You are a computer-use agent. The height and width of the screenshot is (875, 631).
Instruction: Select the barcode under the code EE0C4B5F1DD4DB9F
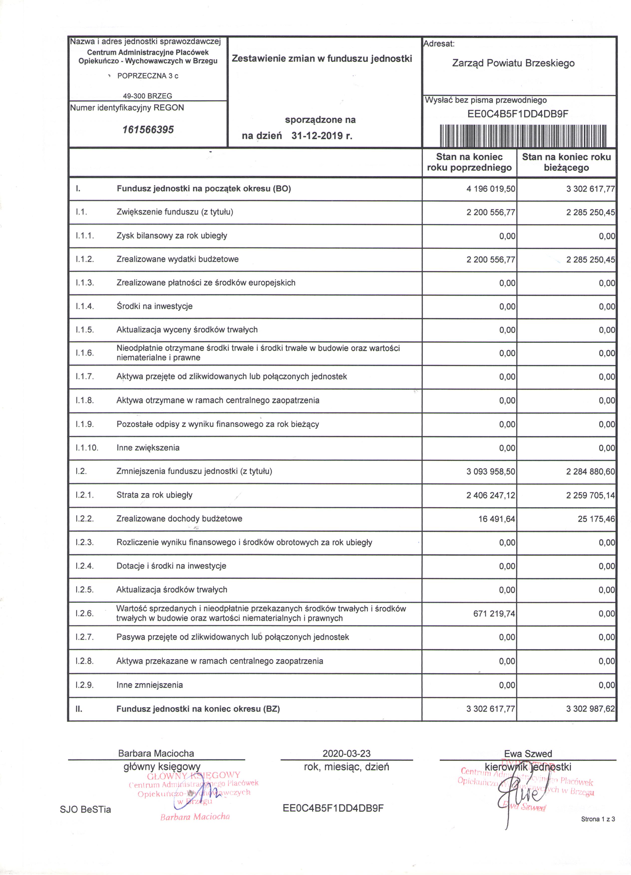523,136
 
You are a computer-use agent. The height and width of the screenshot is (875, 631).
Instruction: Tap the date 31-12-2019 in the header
321,136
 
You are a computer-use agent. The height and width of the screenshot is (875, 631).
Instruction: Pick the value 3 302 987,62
591,709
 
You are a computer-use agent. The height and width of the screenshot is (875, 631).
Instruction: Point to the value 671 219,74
494,614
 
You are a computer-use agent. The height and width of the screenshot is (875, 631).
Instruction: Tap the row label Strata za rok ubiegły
154,495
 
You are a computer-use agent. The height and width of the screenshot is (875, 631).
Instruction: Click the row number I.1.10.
87,448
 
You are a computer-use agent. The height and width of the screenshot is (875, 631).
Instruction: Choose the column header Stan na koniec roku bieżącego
566,162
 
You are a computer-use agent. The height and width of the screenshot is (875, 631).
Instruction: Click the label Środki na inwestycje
154,306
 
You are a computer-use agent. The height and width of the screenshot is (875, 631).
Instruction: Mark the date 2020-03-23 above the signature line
346,753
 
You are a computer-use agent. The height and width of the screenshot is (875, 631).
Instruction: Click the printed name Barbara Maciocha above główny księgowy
156,753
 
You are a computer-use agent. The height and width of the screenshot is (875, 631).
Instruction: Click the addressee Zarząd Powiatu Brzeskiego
513,63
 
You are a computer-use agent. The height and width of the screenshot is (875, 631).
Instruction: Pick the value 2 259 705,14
591,495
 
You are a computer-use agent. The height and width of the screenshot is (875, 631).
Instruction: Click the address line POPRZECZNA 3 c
148,76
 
